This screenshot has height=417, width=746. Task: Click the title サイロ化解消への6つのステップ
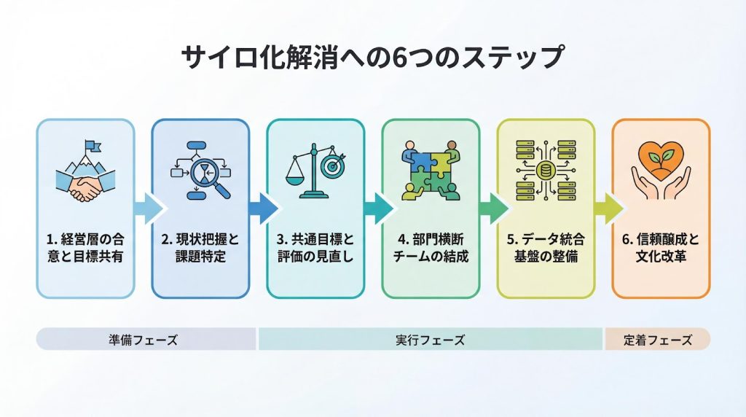[372, 58]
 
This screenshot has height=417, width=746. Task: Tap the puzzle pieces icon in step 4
[431, 171]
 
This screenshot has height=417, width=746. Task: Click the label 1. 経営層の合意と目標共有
[85, 247]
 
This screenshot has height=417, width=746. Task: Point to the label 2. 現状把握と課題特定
[200, 247]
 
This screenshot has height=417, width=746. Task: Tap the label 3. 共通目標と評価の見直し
[315, 247]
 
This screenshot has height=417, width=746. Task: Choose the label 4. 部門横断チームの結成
[431, 247]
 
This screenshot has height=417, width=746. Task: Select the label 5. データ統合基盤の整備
[546, 247]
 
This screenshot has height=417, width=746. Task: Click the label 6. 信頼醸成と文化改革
[661, 247]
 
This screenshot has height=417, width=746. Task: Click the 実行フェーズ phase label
[430, 340]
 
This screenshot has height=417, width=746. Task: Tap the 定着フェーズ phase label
[657, 340]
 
